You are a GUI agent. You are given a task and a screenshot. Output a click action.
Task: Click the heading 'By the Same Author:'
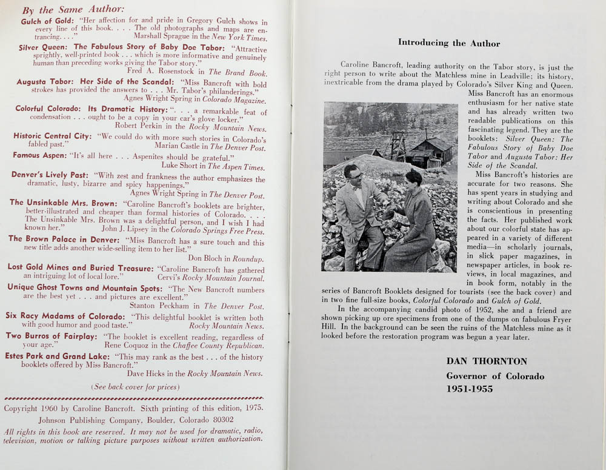coord(73,10)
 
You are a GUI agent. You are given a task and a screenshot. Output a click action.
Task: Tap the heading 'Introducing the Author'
coord(449,43)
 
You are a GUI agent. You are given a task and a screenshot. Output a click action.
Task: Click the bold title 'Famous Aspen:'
coord(40,155)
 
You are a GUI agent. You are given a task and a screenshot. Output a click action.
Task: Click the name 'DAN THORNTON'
coord(487,361)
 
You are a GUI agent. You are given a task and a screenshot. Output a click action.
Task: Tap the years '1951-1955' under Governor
coord(470,389)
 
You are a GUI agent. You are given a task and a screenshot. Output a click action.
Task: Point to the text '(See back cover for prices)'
coord(135,386)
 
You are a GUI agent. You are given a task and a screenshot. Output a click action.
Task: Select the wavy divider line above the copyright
coord(135,398)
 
